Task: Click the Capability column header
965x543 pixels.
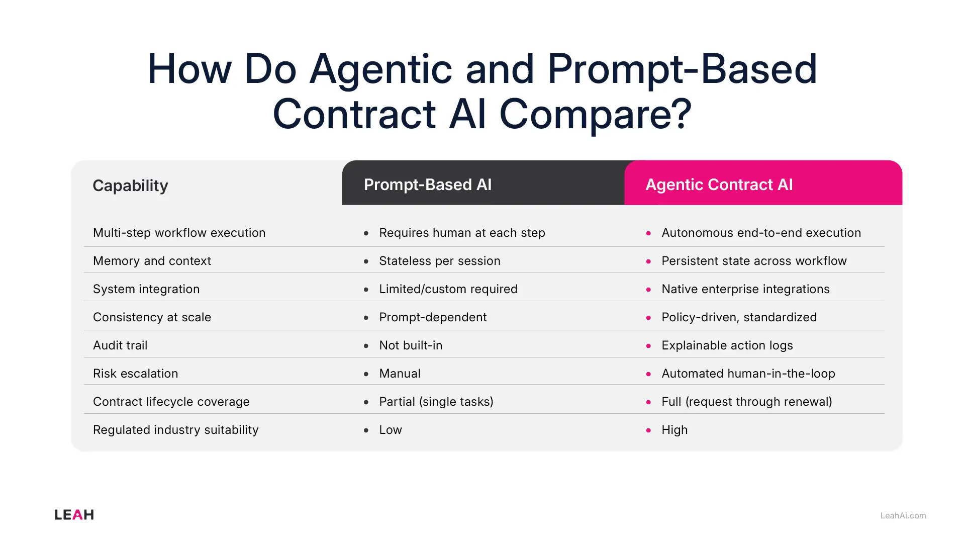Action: click(x=130, y=186)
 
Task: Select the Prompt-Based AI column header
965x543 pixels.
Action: click(x=427, y=185)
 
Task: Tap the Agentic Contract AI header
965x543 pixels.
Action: click(x=719, y=185)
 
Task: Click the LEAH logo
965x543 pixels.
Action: click(x=74, y=515)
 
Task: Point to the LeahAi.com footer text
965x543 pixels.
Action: click(x=903, y=515)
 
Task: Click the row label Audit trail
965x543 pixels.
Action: click(x=120, y=345)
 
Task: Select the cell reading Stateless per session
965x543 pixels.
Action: click(x=439, y=261)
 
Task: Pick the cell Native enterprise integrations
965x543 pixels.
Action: click(x=745, y=289)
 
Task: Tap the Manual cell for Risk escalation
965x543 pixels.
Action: click(x=400, y=374)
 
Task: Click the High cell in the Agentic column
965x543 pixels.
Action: click(x=674, y=430)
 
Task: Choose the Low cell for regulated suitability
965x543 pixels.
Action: click(x=391, y=430)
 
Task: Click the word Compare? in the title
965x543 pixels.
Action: click(x=595, y=114)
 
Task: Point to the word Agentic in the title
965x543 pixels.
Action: click(x=381, y=69)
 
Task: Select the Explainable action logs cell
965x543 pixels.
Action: click(x=727, y=345)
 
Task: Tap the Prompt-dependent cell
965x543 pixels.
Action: click(x=432, y=317)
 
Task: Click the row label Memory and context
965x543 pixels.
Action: click(x=152, y=261)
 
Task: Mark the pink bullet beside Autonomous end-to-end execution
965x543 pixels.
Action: click(x=648, y=233)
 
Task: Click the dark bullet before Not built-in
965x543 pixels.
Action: click(x=366, y=346)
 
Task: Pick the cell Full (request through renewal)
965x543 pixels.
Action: click(x=746, y=402)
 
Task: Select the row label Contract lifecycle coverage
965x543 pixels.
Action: click(x=171, y=402)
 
